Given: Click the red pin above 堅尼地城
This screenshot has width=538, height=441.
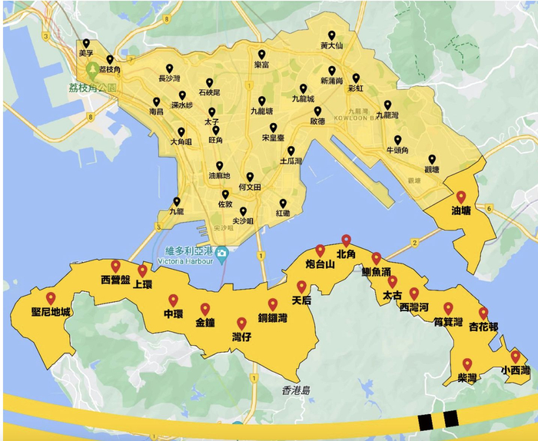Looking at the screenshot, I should click(x=51, y=298).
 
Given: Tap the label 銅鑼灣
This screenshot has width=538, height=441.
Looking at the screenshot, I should click(x=272, y=318).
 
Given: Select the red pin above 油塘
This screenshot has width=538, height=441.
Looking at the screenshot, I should click(x=461, y=197).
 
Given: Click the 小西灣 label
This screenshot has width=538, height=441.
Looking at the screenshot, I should click(x=515, y=370).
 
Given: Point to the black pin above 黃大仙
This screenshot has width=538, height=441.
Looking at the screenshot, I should click(x=331, y=35).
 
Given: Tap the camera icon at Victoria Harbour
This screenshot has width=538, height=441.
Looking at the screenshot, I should click(x=222, y=252).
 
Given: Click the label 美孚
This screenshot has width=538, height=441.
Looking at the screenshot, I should click(x=86, y=54).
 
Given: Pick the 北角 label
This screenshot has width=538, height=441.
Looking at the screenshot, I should click(x=347, y=254).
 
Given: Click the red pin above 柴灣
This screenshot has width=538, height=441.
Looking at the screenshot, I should click(x=467, y=363).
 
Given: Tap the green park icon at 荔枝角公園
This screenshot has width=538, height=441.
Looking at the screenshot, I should click(x=93, y=70).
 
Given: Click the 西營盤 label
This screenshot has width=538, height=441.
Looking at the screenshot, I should click(x=116, y=280).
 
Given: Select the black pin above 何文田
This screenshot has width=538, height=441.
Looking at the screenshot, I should click(x=250, y=177).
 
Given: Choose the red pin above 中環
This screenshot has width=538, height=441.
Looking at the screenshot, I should click(x=173, y=300).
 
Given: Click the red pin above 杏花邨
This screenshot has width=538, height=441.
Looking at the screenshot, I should click(x=483, y=313).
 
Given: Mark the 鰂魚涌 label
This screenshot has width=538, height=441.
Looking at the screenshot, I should click(x=377, y=272).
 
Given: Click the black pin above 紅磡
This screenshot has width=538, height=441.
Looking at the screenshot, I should click(x=283, y=204).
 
